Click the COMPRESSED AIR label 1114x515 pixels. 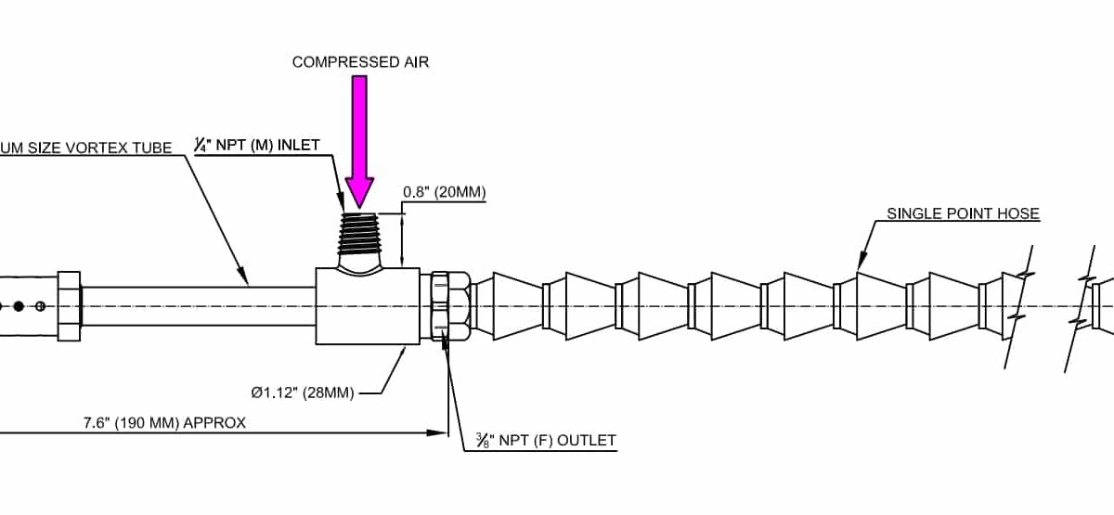coord(361,62)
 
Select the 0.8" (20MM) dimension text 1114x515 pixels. coord(444,192)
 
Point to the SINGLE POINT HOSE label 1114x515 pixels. coord(963,213)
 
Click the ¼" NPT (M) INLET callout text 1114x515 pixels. coord(256,145)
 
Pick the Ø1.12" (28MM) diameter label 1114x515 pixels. coord(302,393)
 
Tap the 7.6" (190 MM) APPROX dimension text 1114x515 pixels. coord(164,423)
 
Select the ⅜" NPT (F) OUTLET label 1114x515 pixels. coord(539,440)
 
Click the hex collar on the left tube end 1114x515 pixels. coord(70,305)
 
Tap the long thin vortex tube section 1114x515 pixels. coord(199,305)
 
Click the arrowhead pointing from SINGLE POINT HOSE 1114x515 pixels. coord(861,257)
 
